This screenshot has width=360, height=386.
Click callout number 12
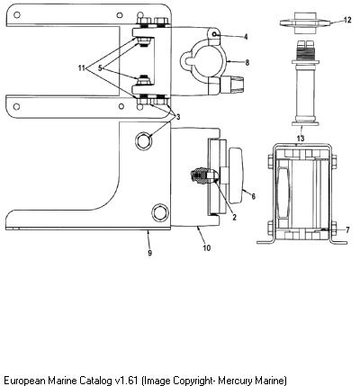[x=347, y=21]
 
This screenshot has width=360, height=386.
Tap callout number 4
[x=246, y=37]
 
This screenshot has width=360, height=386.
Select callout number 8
[x=247, y=63]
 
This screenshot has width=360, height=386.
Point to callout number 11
[x=82, y=68]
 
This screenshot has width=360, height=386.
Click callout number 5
[x=100, y=68]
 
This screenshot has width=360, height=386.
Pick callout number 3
[x=178, y=117]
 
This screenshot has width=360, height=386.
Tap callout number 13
[x=301, y=139]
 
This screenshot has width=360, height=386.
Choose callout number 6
[x=253, y=196]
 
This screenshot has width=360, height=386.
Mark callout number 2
[x=234, y=218]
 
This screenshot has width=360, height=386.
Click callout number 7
[x=347, y=230]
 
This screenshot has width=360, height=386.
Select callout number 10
[x=207, y=247]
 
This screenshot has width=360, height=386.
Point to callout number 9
[x=149, y=253]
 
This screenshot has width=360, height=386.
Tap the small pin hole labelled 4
[x=214, y=34]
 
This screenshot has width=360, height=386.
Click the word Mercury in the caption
[x=235, y=381]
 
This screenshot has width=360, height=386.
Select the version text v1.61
[x=126, y=380]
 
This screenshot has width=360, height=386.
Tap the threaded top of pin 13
[x=305, y=49]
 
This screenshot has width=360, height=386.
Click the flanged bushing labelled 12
[x=305, y=22]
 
